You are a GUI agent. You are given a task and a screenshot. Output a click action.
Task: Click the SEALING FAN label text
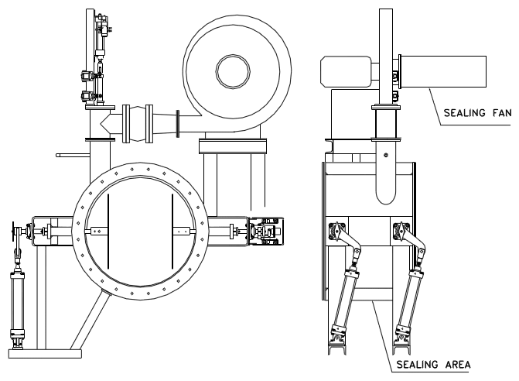[x=477, y=113]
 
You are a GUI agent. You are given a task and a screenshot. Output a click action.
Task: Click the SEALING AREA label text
[x=433, y=365]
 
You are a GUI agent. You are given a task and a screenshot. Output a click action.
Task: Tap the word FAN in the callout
[x=502, y=113]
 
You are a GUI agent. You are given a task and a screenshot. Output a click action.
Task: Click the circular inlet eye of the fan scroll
[x=233, y=71]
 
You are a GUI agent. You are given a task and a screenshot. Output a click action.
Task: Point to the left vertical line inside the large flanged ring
[x=108, y=232]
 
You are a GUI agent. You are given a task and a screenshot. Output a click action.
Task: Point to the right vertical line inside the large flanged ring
[x=172, y=232]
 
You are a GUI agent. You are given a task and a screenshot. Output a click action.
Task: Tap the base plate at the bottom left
[x=45, y=354]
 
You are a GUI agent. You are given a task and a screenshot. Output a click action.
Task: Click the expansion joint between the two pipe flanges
[x=138, y=124]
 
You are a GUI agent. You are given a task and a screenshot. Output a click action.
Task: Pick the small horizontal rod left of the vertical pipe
[x=73, y=155]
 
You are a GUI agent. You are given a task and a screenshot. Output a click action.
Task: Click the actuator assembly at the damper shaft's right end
[x=266, y=232]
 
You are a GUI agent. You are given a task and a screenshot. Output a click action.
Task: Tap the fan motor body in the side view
[x=346, y=71]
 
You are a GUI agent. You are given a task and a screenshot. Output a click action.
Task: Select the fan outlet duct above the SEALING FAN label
[x=443, y=71]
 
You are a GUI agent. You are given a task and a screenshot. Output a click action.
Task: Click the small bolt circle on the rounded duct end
[x=386, y=155]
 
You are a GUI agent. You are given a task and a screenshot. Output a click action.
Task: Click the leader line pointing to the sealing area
[x=384, y=335]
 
